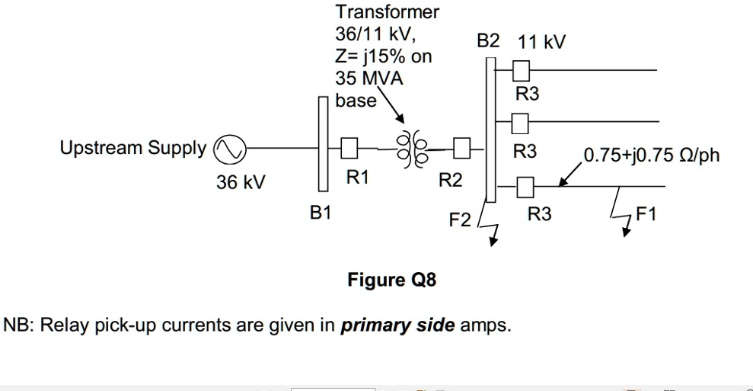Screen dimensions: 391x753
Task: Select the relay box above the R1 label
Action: click(x=349, y=147)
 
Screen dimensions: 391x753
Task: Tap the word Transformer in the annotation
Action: click(x=387, y=13)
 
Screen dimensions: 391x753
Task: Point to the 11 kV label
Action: click(x=541, y=41)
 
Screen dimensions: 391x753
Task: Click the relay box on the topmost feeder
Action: click(x=522, y=71)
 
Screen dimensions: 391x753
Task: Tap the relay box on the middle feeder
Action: click(x=522, y=120)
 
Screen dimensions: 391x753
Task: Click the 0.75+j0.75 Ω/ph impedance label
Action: click(x=651, y=157)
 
